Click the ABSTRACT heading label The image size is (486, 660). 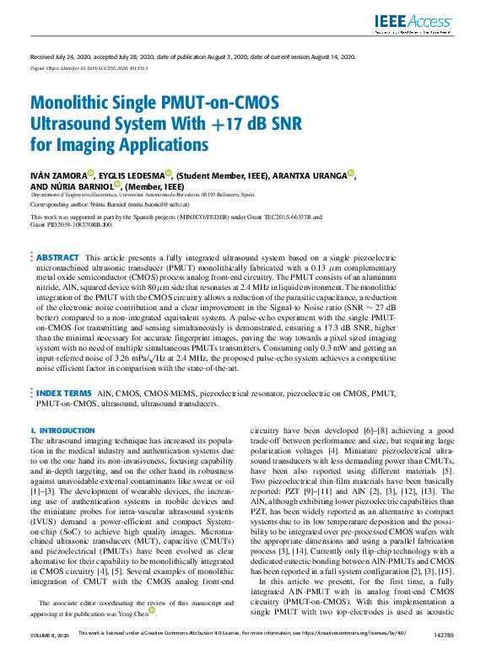point(57,257)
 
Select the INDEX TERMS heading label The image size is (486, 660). point(63,394)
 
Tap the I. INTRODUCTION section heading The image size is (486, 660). point(62,430)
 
